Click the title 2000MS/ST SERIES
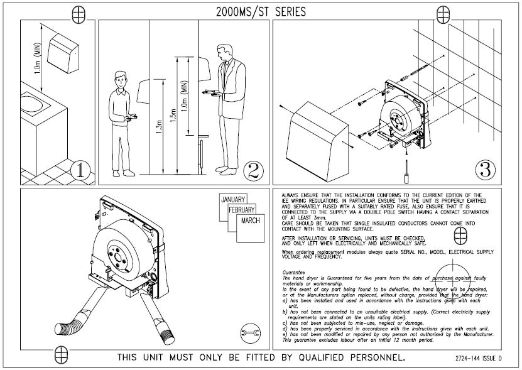260,11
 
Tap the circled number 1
82,169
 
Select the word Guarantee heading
294,273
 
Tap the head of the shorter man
122,78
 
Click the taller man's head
224,52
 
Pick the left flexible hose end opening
64,330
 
